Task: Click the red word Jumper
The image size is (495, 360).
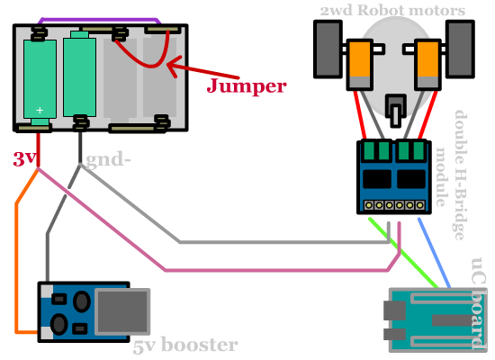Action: pyautogui.click(x=247, y=85)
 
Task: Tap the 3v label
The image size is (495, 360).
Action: pyautogui.click(x=23, y=158)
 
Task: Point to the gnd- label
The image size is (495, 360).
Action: pyautogui.click(x=108, y=159)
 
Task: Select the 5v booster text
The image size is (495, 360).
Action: pyautogui.click(x=185, y=346)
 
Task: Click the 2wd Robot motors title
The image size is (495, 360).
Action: pyautogui.click(x=392, y=10)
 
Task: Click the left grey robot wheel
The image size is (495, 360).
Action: pyautogui.click(x=328, y=49)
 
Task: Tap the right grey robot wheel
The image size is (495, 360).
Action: pyautogui.click(x=460, y=49)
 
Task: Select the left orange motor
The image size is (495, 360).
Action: pyautogui.click(x=360, y=65)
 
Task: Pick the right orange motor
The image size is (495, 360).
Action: pyautogui.click(x=427, y=65)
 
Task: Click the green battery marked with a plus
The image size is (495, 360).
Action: pyautogui.click(x=40, y=79)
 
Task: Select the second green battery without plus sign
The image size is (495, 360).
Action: pyautogui.click(x=79, y=75)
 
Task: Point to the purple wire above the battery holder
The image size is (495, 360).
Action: pyautogui.click(x=99, y=20)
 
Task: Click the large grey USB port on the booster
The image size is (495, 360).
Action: pyautogui.click(x=122, y=311)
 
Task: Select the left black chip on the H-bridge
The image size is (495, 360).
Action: pyautogui.click(x=377, y=179)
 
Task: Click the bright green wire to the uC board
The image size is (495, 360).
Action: pyautogui.click(x=404, y=253)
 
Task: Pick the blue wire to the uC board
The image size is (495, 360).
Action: pyautogui.click(x=434, y=253)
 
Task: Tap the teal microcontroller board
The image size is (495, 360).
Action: pyautogui.click(x=437, y=319)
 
